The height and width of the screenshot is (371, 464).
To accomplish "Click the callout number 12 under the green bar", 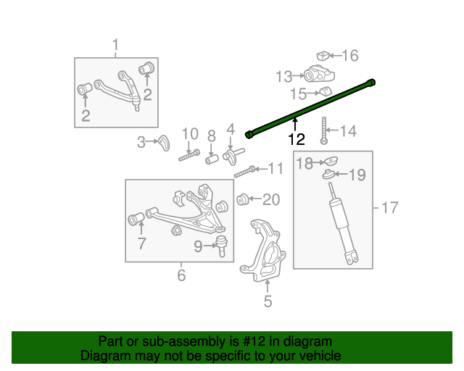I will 296,139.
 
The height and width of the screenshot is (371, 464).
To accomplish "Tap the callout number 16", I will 349,56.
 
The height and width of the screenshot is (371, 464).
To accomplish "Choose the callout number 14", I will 349,131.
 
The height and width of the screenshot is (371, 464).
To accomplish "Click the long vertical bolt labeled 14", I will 324,128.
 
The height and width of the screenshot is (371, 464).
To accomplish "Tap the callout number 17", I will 389,209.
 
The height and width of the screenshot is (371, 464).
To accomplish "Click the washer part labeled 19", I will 329,174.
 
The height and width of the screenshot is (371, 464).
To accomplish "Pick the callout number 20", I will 270,199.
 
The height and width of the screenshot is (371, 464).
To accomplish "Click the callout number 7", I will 141,244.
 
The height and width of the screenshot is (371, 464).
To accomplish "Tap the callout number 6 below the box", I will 181,275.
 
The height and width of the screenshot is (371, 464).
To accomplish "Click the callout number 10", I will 189,133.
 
